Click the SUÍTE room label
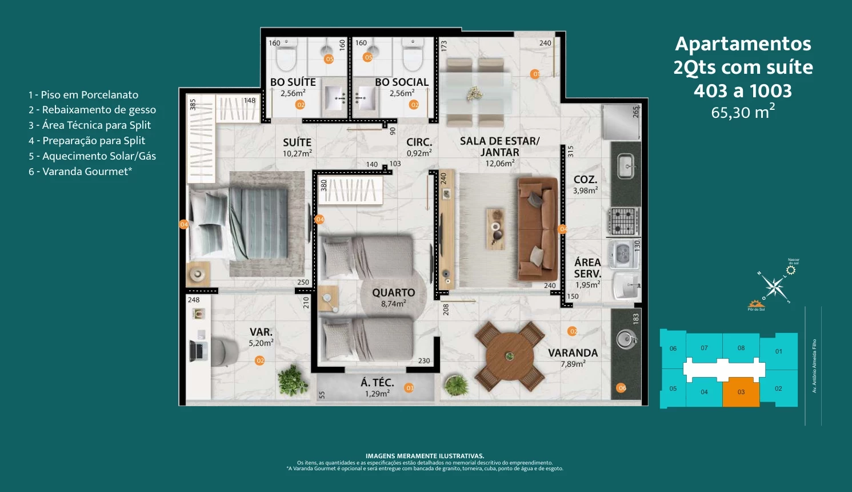point(297,142)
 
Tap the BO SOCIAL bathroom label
point(402,82)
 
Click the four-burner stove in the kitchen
point(623,221)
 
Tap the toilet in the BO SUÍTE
point(286,55)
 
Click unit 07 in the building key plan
point(704,348)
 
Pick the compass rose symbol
point(774,287)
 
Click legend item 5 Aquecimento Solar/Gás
point(93,156)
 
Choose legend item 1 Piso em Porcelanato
point(83,95)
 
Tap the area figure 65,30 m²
point(742,112)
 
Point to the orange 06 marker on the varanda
point(622,388)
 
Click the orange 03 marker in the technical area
point(409,388)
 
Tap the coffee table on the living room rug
point(495,228)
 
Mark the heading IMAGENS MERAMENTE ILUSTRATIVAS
point(425,456)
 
